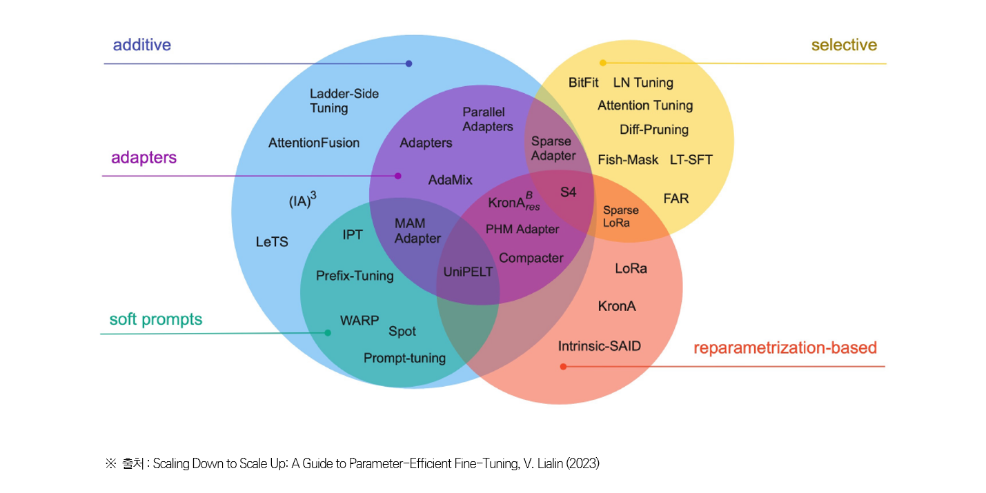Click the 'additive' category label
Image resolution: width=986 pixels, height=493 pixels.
click(x=142, y=46)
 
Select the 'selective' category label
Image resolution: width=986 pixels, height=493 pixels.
click(x=844, y=46)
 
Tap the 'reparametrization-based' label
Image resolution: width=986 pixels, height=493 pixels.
click(x=785, y=348)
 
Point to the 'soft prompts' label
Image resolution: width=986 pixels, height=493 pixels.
click(x=156, y=320)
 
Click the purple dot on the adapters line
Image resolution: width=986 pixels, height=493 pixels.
click(x=398, y=176)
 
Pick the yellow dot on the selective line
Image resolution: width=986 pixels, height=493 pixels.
click(x=602, y=63)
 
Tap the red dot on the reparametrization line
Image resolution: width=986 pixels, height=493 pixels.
click(x=563, y=366)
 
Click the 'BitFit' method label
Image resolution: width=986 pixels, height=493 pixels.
click(x=584, y=83)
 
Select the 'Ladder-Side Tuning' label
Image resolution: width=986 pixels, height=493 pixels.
click(x=344, y=101)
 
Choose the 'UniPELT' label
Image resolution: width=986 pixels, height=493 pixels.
click(x=468, y=272)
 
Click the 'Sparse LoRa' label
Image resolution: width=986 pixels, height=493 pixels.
click(x=621, y=217)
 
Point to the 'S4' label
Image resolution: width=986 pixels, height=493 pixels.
click(x=568, y=192)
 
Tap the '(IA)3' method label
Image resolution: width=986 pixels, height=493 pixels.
click(x=302, y=201)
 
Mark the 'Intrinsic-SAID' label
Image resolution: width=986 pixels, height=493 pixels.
click(x=599, y=346)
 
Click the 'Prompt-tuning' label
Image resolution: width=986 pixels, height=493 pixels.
click(x=404, y=359)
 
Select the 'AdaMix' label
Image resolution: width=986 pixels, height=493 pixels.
click(x=450, y=180)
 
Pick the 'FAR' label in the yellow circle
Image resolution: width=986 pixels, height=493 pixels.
click(x=676, y=199)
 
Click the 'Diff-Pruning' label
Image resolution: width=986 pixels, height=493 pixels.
click(x=653, y=130)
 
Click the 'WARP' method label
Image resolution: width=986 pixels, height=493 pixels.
click(x=359, y=321)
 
